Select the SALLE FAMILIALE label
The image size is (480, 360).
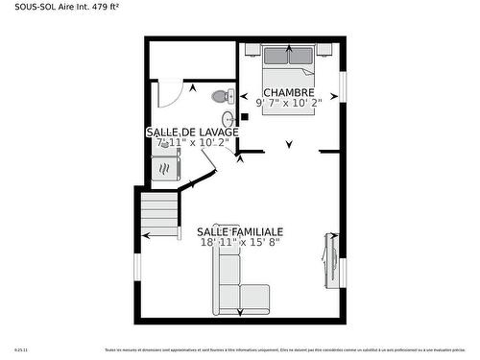[240, 232]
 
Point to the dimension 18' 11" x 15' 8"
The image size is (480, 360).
[240, 244]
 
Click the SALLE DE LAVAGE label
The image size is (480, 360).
[192, 132]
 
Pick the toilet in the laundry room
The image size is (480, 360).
[223, 97]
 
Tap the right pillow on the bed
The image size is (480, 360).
[300, 55]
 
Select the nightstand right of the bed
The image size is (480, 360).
[324, 47]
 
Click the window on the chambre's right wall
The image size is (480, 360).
[342, 86]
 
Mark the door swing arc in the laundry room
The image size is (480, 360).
[168, 95]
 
